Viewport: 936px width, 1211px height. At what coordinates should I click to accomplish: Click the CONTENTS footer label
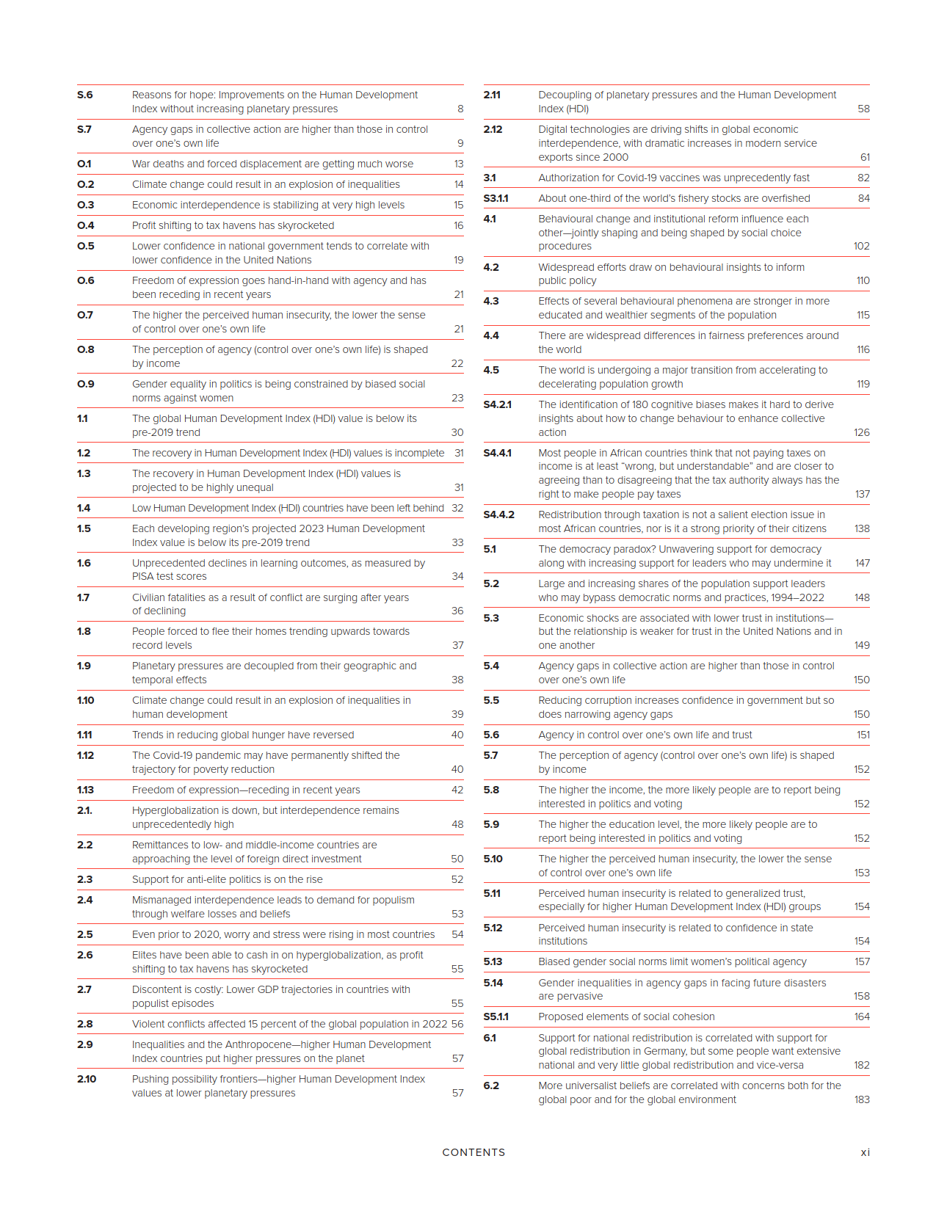coord(474,1152)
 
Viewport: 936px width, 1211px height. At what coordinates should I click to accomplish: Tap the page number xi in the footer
coord(865,1152)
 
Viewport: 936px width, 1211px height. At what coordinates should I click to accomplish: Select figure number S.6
coord(85,95)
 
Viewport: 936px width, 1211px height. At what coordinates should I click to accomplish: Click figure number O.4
coord(85,225)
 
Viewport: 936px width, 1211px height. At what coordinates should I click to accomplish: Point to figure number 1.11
coord(84,735)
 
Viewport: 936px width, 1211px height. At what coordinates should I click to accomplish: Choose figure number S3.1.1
coord(496,198)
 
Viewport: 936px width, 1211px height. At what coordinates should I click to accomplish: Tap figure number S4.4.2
coord(498,514)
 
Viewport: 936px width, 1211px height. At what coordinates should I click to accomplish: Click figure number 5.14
coord(493,983)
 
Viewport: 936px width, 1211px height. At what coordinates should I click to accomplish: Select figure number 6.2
coord(490,1085)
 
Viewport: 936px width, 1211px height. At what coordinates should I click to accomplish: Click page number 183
coord(862,1099)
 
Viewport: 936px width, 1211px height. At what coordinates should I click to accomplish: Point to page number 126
coord(862,432)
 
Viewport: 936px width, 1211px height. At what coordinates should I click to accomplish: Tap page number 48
coord(457,824)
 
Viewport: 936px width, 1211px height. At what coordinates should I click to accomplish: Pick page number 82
coord(863,178)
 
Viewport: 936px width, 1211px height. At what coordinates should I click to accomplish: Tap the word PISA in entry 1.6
coord(142,576)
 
